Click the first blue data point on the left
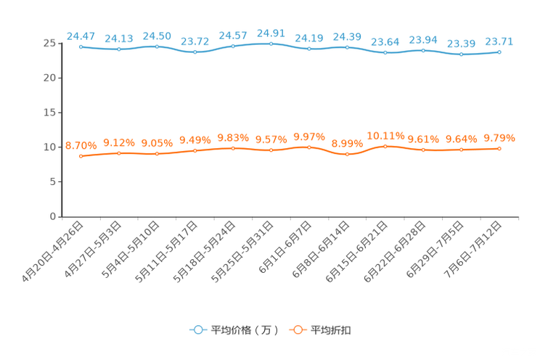click(x=81, y=46)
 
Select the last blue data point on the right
click(x=499, y=52)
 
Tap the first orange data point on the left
click(x=81, y=156)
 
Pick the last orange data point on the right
click(x=499, y=148)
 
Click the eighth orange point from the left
click(x=348, y=154)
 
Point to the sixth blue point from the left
click(x=271, y=44)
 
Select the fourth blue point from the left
click(x=195, y=52)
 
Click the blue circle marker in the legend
click(x=197, y=330)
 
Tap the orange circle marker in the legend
click(x=297, y=330)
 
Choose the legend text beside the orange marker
click(x=331, y=330)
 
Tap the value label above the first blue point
click(x=80, y=35)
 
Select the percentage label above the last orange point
click(x=499, y=137)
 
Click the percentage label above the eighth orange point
click(x=347, y=143)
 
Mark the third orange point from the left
click(x=157, y=154)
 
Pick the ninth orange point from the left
click(x=385, y=146)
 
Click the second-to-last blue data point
click(x=462, y=54)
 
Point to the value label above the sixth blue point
click(x=271, y=33)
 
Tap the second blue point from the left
click(x=119, y=49)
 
